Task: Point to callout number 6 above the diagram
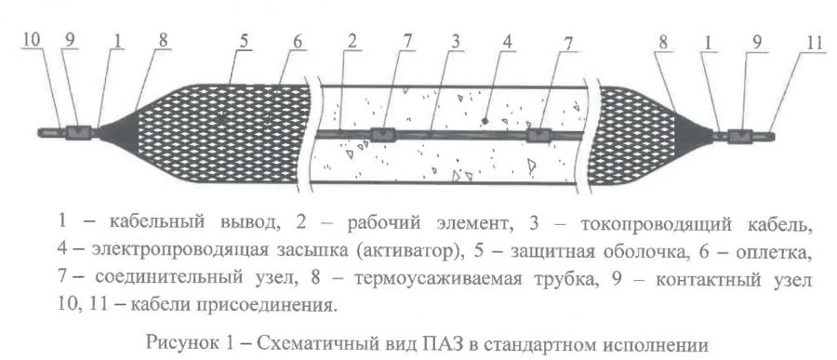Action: [297, 41]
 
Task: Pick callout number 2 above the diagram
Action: [352, 41]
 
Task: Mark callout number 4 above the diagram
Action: [507, 41]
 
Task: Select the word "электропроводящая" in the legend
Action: [156, 250]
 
